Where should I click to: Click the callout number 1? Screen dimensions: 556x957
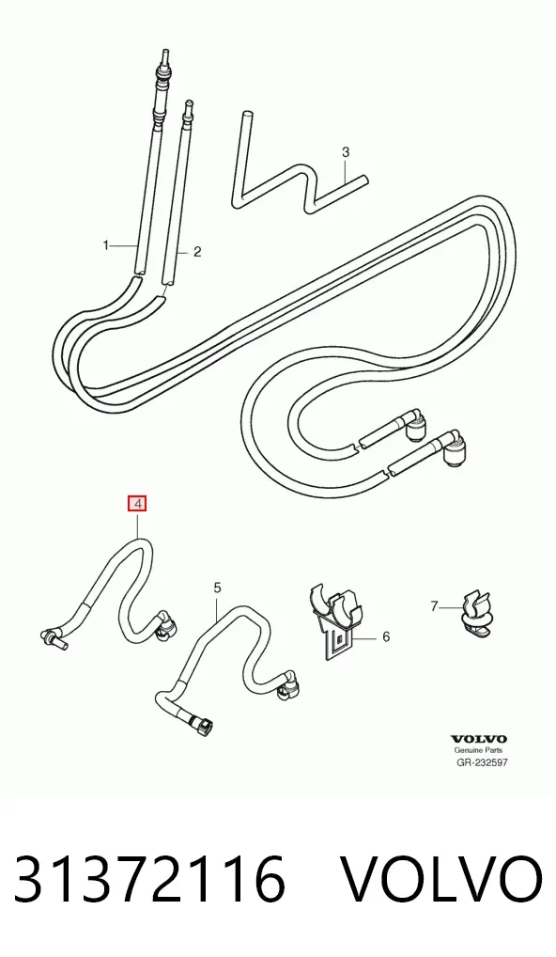105,245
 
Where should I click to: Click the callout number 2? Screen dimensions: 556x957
197,251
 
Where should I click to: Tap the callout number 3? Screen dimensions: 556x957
346,151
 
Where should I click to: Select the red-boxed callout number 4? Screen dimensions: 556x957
137,504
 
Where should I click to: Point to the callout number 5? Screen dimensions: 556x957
218,588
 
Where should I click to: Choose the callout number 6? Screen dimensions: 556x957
386,637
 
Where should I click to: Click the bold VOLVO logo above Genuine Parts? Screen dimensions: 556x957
479,740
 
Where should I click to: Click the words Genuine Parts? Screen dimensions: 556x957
479,750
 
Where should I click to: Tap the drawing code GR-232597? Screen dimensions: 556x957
482,762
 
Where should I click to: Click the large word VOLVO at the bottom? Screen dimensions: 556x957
440,880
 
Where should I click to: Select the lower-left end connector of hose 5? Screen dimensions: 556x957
203,725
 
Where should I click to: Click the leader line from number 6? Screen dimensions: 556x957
365,637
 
